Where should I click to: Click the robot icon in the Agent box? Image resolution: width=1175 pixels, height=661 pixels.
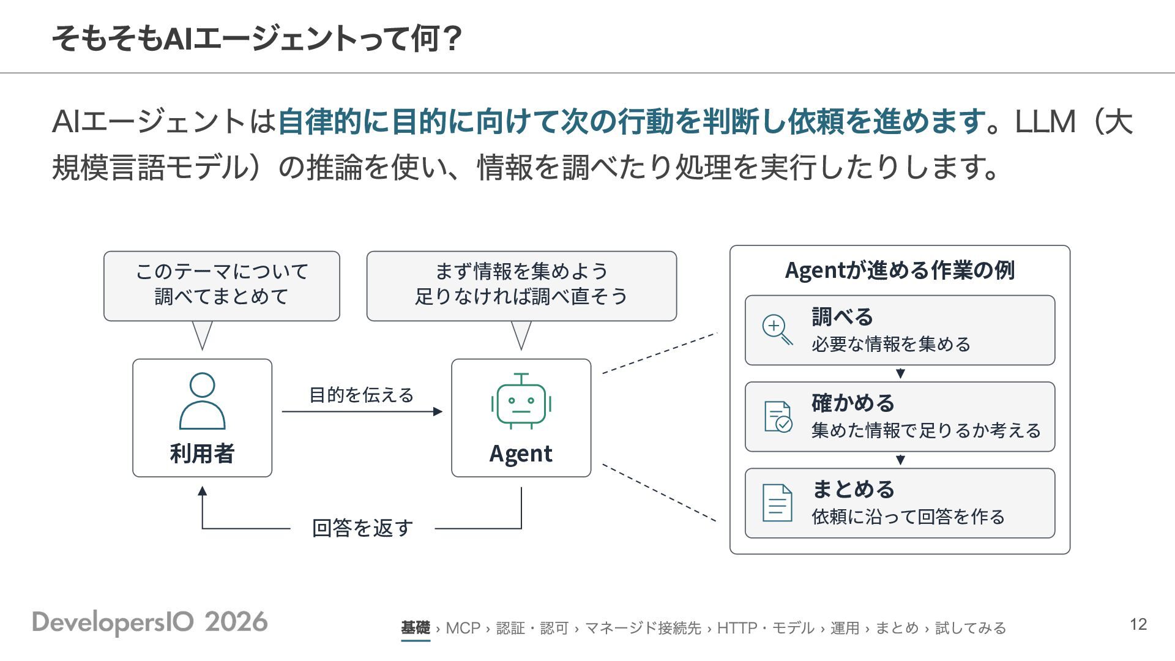[521, 400]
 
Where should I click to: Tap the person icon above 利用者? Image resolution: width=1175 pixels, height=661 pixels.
[202, 401]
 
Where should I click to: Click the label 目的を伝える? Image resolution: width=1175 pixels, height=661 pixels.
[361, 395]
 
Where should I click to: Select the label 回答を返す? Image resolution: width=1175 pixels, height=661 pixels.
[362, 528]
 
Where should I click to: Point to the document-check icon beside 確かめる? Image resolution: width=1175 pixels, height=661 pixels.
[778, 417]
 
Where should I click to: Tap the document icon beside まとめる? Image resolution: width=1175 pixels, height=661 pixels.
[778, 502]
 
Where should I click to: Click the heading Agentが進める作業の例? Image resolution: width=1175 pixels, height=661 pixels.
[900, 270]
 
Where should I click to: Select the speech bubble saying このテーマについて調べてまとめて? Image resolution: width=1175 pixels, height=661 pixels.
[222, 286]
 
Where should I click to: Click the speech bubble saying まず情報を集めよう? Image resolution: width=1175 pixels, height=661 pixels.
[521, 286]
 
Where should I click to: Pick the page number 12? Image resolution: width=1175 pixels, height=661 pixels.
[1138, 624]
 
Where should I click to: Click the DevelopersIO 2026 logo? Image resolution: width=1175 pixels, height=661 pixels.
[150, 622]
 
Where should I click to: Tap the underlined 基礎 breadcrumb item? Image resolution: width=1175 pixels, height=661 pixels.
[416, 628]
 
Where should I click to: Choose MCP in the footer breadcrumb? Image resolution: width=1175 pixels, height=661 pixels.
[463, 628]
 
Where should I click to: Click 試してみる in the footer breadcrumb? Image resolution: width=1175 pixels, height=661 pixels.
[971, 628]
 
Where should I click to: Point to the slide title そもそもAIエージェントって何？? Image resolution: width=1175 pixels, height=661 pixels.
[257, 39]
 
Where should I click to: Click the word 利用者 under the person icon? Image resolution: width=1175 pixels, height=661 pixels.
[202, 454]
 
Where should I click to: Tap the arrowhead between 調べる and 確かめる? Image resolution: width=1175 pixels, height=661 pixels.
[900, 373]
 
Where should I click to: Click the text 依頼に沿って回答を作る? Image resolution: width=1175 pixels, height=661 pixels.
[908, 517]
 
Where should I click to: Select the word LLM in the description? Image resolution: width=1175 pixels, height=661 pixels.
[1045, 121]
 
